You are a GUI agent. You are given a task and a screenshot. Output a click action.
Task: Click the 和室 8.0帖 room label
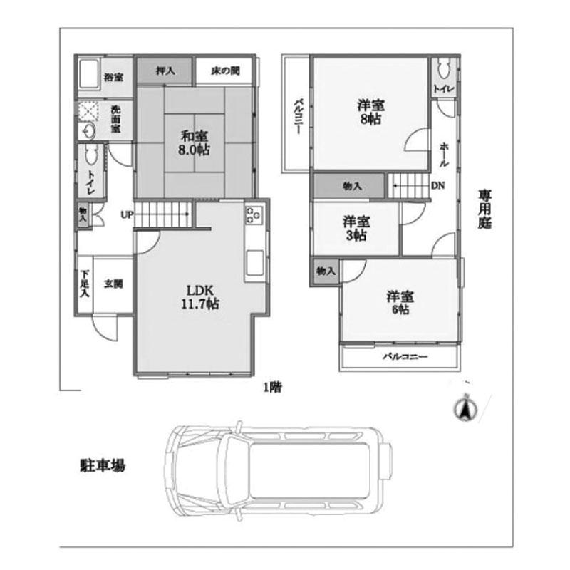click(194, 142)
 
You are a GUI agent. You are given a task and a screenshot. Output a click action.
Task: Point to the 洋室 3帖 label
click(352, 227)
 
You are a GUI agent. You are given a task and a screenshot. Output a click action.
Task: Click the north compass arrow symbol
click(461, 409)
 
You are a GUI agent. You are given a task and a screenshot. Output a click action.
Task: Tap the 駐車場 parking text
click(103, 467)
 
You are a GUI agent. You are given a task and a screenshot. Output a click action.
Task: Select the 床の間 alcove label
click(225, 71)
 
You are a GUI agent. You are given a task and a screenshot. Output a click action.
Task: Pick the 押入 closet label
click(165, 71)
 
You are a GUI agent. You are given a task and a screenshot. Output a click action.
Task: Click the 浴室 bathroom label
click(113, 76)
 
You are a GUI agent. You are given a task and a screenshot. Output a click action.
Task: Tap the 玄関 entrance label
click(113, 284)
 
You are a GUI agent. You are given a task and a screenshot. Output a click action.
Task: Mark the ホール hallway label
click(444, 153)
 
